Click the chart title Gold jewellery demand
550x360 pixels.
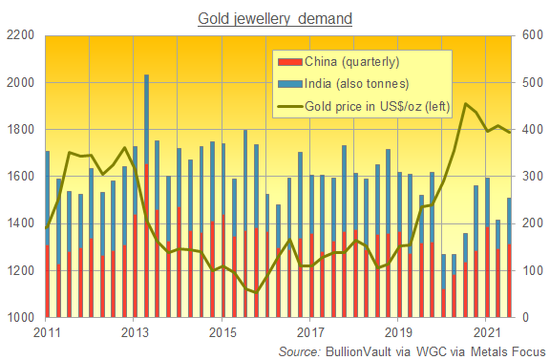click(x=274, y=17)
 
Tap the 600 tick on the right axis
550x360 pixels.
click(x=531, y=36)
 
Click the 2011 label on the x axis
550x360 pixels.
click(x=48, y=332)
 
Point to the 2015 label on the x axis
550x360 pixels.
click(x=223, y=332)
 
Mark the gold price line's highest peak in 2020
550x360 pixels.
click(x=465, y=104)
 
